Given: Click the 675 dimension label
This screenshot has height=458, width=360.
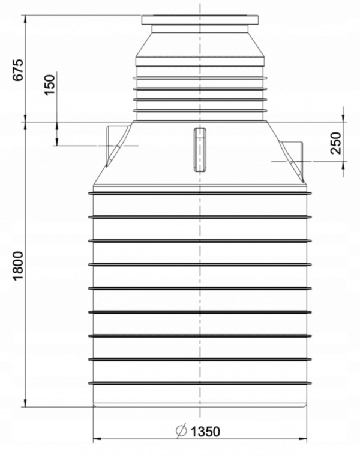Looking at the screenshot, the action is pyautogui.click(x=18, y=70).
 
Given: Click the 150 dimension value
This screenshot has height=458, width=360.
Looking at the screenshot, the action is pyautogui.click(x=50, y=85).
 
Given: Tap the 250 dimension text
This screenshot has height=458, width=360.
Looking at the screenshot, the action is pyautogui.click(x=336, y=143).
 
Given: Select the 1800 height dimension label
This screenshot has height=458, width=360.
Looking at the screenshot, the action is pyautogui.click(x=18, y=265).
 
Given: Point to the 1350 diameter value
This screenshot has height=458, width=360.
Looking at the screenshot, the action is pyautogui.click(x=205, y=432).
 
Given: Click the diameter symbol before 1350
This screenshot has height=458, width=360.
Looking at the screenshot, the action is pyautogui.click(x=181, y=431).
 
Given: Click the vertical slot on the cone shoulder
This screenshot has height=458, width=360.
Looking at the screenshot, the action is pyautogui.click(x=200, y=149).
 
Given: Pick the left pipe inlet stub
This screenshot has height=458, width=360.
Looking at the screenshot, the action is pyautogui.click(x=118, y=146).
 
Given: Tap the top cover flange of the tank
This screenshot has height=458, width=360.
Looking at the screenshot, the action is pyautogui.click(x=200, y=20).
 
